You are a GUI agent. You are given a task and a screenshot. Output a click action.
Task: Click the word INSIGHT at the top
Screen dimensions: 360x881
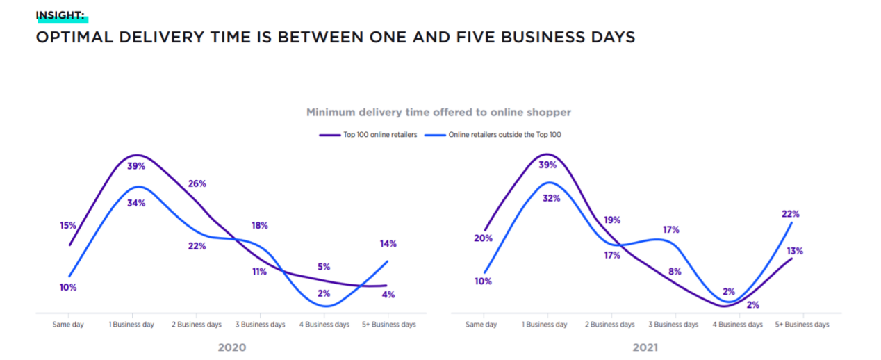pos(60,16)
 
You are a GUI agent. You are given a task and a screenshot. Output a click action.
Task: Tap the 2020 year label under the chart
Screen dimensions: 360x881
pos(231,347)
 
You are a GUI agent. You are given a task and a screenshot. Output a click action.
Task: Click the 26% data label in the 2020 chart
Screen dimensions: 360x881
pos(197,183)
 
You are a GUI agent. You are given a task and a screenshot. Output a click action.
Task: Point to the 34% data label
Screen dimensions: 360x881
pos(136,203)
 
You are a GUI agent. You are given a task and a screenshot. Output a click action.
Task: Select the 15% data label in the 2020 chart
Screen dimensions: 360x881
pos(67,225)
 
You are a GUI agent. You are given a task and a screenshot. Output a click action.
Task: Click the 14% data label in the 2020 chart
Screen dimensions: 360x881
pos(388,243)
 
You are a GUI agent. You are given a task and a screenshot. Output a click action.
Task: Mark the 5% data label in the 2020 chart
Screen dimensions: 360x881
pos(324,266)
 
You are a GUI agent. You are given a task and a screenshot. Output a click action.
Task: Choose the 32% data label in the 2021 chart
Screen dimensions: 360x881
pos(551,197)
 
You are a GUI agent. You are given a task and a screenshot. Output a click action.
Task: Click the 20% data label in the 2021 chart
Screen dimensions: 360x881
pos(484,238)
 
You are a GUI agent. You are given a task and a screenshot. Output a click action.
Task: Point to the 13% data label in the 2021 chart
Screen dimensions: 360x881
pos(794,251)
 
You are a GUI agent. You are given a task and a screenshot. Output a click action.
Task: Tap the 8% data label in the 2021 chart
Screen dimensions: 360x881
pos(673,272)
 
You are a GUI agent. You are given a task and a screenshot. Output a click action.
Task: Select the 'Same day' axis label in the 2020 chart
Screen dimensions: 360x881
pos(68,325)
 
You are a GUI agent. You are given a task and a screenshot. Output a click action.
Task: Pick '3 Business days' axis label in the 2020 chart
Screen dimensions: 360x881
pos(260,325)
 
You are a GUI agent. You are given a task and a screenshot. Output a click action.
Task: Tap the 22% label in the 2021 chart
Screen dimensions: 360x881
pos(791,214)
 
